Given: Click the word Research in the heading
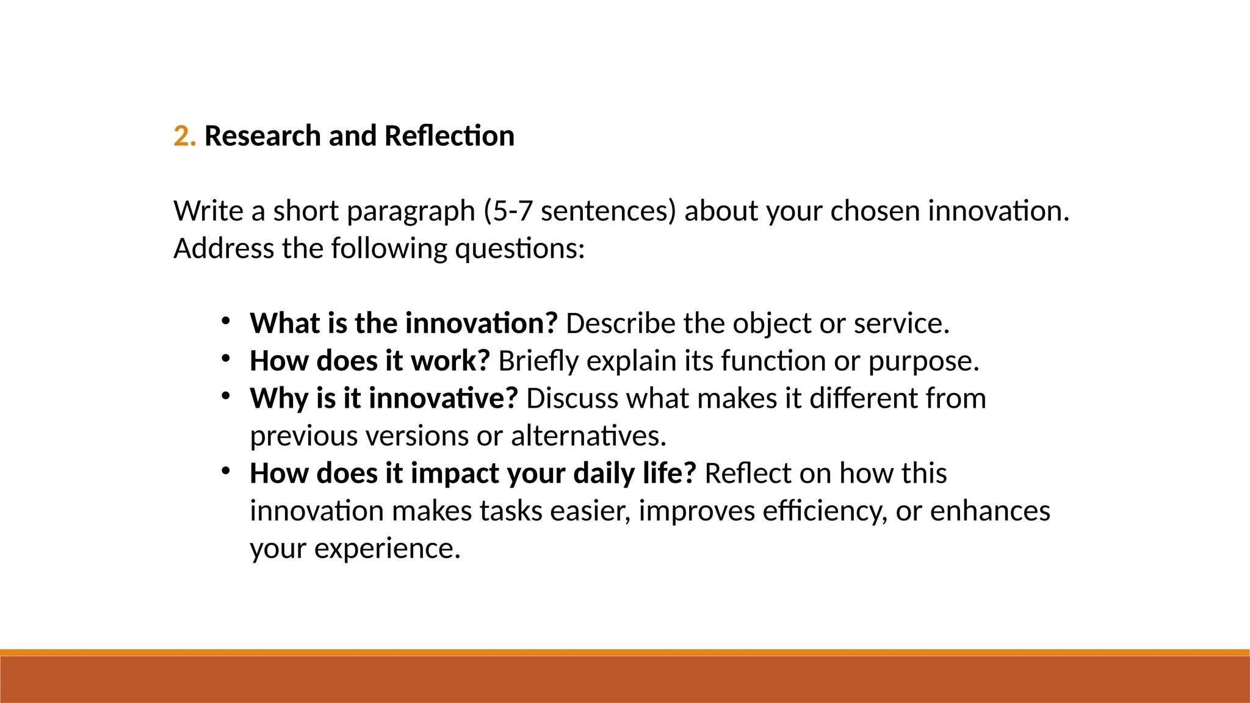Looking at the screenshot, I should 262,136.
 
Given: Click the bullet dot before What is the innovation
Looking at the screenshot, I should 226,321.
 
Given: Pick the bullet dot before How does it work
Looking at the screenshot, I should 226,359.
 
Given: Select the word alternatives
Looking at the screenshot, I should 588,436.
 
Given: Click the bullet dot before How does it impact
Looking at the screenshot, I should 226,471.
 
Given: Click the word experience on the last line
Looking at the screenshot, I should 387,549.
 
